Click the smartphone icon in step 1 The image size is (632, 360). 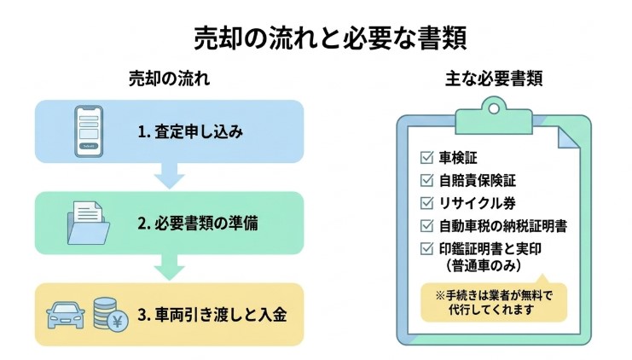coord(87,131)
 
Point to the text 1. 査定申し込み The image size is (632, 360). coord(190,132)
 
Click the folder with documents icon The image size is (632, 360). coord(87,223)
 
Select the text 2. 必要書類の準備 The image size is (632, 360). coord(198,224)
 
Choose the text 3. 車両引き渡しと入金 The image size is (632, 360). coord(212,315)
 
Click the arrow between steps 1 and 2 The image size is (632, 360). coord(169,177)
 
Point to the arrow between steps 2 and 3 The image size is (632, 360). coord(169,268)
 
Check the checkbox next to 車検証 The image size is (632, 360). coord(426,158)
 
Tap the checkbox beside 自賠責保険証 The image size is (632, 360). coord(426,181)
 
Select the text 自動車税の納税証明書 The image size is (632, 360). coord(503,227)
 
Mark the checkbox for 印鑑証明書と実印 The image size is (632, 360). coord(426,250)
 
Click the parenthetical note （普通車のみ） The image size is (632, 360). coord(483,266)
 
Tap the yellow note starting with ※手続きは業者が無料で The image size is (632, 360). coord(493,301)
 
